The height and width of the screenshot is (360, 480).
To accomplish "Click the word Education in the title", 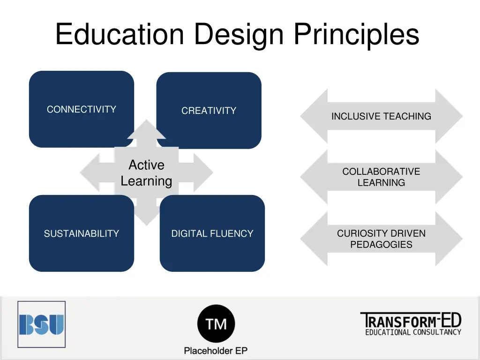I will tap(120, 35).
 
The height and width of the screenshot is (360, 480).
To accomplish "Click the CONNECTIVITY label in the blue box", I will tap(82, 109).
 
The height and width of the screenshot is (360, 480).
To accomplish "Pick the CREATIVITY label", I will tap(209, 111).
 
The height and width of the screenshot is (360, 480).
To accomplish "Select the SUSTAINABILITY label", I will tap(82, 233).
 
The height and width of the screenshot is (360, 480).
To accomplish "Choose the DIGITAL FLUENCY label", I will tap(212, 233).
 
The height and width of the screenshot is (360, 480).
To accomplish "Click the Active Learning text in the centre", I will tap(146, 173).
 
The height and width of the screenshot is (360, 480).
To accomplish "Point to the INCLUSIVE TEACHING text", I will tap(381, 116).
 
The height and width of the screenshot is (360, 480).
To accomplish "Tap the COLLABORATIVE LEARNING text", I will tap(381, 177).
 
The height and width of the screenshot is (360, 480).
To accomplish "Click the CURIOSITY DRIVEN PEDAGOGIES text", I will tap(381, 239).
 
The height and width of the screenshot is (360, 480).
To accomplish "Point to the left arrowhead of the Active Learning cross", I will tap(91, 172).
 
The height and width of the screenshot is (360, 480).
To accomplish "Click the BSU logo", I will tap(41, 324).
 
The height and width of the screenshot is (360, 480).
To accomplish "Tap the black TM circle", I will tap(216, 324).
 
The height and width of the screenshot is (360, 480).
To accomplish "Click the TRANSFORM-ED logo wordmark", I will tap(411, 321).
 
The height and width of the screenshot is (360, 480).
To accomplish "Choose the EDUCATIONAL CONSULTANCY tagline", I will tap(413, 332).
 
